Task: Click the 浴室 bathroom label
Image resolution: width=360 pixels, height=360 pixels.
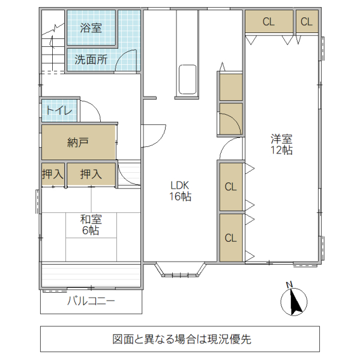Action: pyautogui.click(x=91, y=28)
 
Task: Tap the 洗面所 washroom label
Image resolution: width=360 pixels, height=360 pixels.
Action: pyautogui.click(x=91, y=59)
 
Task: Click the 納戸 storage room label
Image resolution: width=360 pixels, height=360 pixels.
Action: pyautogui.click(x=79, y=142)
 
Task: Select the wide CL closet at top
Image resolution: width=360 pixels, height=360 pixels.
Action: pyautogui.click(x=268, y=22)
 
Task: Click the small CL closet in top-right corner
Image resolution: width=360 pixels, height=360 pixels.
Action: pyautogui.click(x=307, y=22)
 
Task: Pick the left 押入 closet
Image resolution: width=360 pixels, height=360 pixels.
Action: pyautogui.click(x=53, y=174)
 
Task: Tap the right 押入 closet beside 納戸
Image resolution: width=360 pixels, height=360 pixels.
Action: pyautogui.click(x=91, y=174)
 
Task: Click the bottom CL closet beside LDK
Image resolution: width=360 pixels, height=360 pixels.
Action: pyautogui.click(x=231, y=238)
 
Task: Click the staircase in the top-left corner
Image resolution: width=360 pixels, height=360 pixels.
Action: pyautogui.click(x=53, y=45)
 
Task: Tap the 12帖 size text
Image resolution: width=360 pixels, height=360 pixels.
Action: pyautogui.click(x=281, y=151)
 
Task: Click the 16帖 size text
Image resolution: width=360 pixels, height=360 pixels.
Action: pyautogui.click(x=180, y=196)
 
